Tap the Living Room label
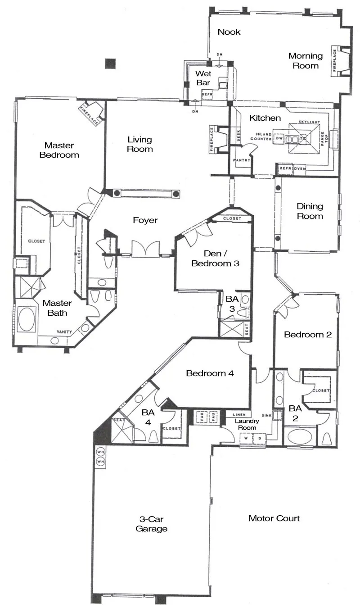click(139, 144)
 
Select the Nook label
click(229, 32)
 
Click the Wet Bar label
click(203, 78)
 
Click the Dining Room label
click(310, 211)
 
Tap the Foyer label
click(145, 220)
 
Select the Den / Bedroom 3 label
click(215, 259)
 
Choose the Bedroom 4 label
click(210, 373)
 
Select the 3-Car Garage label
click(152, 524)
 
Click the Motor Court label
click(274, 518)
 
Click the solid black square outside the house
click(110, 64)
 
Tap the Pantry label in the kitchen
click(241, 160)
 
